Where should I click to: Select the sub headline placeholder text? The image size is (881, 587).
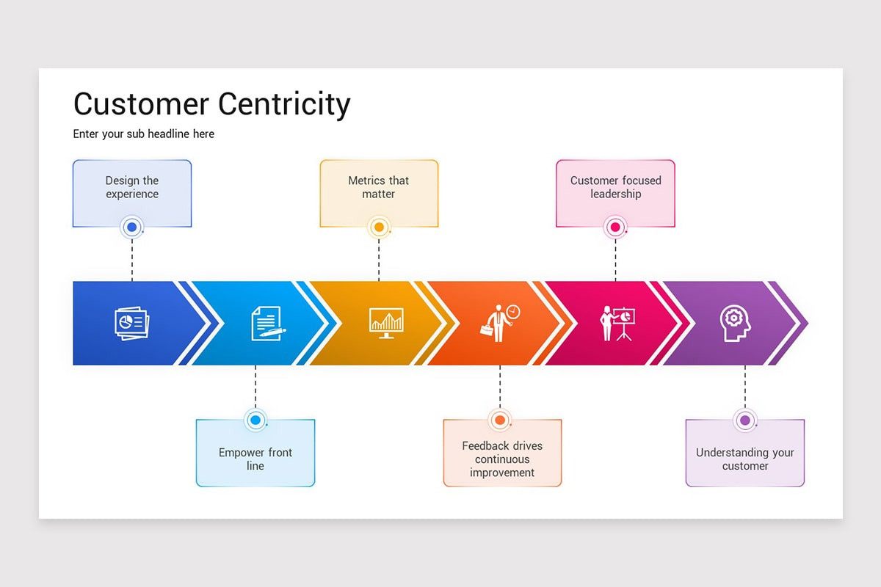tap(144, 134)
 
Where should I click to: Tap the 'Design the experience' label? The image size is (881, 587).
tap(132, 187)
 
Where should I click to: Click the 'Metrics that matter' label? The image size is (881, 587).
tap(379, 187)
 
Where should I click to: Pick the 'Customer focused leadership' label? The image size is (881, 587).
tap(615, 187)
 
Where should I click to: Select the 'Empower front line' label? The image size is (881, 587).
tap(255, 459)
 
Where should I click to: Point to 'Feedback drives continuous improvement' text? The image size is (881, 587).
tap(502, 459)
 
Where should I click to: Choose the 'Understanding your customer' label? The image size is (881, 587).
tap(744, 459)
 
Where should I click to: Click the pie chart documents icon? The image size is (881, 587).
tap(131, 323)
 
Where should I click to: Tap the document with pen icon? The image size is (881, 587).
tap(267, 323)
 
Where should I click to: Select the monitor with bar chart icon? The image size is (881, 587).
tap(386, 322)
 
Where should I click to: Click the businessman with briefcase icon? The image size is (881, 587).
tap(501, 323)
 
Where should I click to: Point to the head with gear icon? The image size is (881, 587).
tap(735, 323)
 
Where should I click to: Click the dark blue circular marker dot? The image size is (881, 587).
tap(132, 227)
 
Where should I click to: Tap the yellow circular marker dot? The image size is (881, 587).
tap(379, 227)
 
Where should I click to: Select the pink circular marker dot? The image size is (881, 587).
tap(615, 227)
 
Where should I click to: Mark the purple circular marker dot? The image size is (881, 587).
tap(744, 420)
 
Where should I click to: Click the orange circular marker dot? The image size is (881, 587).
tap(500, 420)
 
